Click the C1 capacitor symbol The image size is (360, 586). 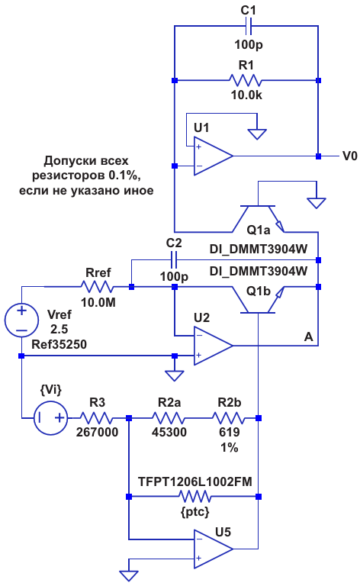click(249, 26)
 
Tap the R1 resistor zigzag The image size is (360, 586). click(246, 80)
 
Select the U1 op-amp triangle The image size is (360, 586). click(214, 156)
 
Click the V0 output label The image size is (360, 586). click(350, 156)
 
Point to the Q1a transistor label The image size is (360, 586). click(258, 230)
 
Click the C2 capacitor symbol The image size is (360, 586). click(174, 259)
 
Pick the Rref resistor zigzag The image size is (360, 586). click(97, 287)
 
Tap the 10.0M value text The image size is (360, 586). click(98, 302)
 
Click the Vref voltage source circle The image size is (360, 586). click(21, 320)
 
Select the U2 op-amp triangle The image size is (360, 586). click(214, 346)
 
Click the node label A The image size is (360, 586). click(308, 337)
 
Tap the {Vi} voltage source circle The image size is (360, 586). click(51, 417)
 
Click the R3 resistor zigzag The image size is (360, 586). click(96, 418)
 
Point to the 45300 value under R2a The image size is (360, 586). click(169, 432)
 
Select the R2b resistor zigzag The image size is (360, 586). click(229, 418)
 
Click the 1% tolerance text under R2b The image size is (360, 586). click(229, 447)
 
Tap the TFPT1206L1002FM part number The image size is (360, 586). click(195, 481)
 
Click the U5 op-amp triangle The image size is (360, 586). click(214, 549)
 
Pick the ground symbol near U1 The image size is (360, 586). click(257, 134)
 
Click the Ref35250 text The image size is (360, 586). click(59, 345)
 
